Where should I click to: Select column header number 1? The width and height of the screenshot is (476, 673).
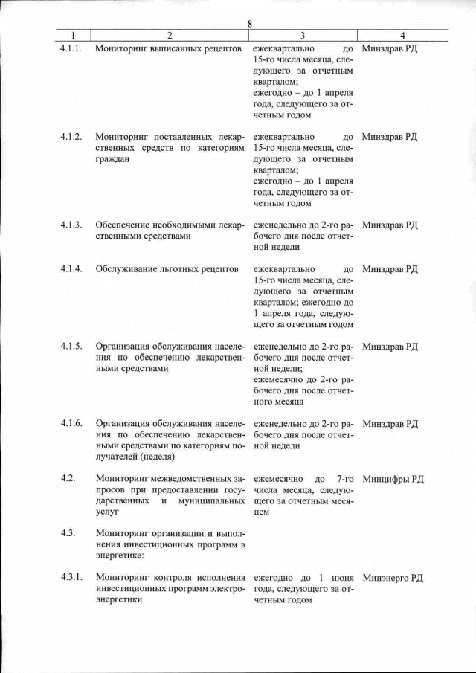point(72,36)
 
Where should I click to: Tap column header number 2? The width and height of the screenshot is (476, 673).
point(169,36)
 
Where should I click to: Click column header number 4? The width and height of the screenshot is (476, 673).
point(402,36)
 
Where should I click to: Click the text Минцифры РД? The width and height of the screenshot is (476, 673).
point(393,479)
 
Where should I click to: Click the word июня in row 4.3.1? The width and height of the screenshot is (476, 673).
point(341,578)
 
